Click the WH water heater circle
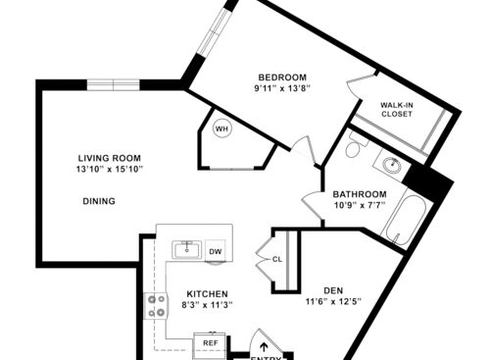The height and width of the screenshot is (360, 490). [x=221, y=129]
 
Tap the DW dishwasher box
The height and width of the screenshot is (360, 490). [x=215, y=251]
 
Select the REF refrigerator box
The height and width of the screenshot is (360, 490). [x=210, y=343]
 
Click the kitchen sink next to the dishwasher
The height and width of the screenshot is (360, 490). [x=187, y=249]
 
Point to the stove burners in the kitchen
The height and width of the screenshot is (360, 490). [x=155, y=306]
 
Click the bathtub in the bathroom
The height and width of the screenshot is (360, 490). [x=403, y=222]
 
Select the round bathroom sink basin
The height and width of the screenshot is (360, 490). [x=392, y=165]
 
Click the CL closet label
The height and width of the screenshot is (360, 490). [x=277, y=260]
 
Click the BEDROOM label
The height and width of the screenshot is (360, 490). [x=282, y=77]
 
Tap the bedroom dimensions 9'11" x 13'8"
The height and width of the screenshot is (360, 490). [x=282, y=89]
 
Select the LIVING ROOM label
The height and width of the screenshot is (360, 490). [x=111, y=158]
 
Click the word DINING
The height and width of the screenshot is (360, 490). [x=99, y=201]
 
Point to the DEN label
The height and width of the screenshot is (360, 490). [x=334, y=288]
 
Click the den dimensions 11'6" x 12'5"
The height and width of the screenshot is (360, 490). [x=334, y=301]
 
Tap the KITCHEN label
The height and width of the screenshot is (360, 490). [x=208, y=293]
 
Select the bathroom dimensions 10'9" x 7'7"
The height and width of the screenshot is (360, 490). [x=359, y=206]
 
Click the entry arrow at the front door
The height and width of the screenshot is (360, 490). [x=263, y=345]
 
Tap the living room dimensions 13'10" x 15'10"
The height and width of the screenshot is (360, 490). [x=111, y=170]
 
